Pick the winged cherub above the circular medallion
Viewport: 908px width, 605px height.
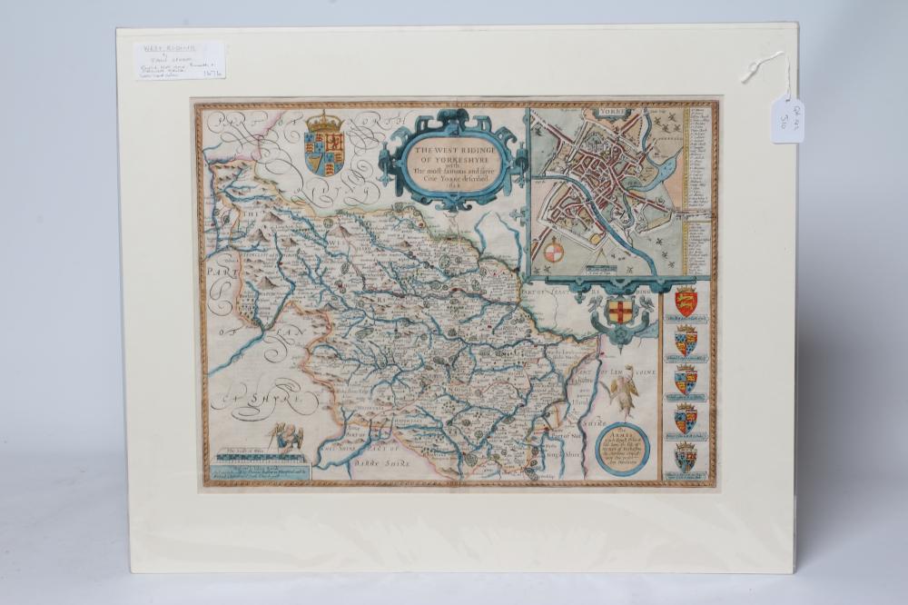(x=624, y=386)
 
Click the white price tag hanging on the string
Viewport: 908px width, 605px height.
(x=786, y=120)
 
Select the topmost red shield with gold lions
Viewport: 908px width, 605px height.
(x=686, y=301)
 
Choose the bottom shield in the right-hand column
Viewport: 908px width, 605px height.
(x=686, y=457)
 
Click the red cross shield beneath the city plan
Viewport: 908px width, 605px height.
(x=619, y=312)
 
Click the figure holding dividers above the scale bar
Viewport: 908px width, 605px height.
(x=290, y=437)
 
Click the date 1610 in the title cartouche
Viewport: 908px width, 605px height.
(x=452, y=189)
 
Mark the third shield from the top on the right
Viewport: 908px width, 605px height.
(x=686, y=381)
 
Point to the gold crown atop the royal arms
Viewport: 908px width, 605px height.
(x=325, y=121)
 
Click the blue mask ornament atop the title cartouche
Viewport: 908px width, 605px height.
(x=451, y=118)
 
